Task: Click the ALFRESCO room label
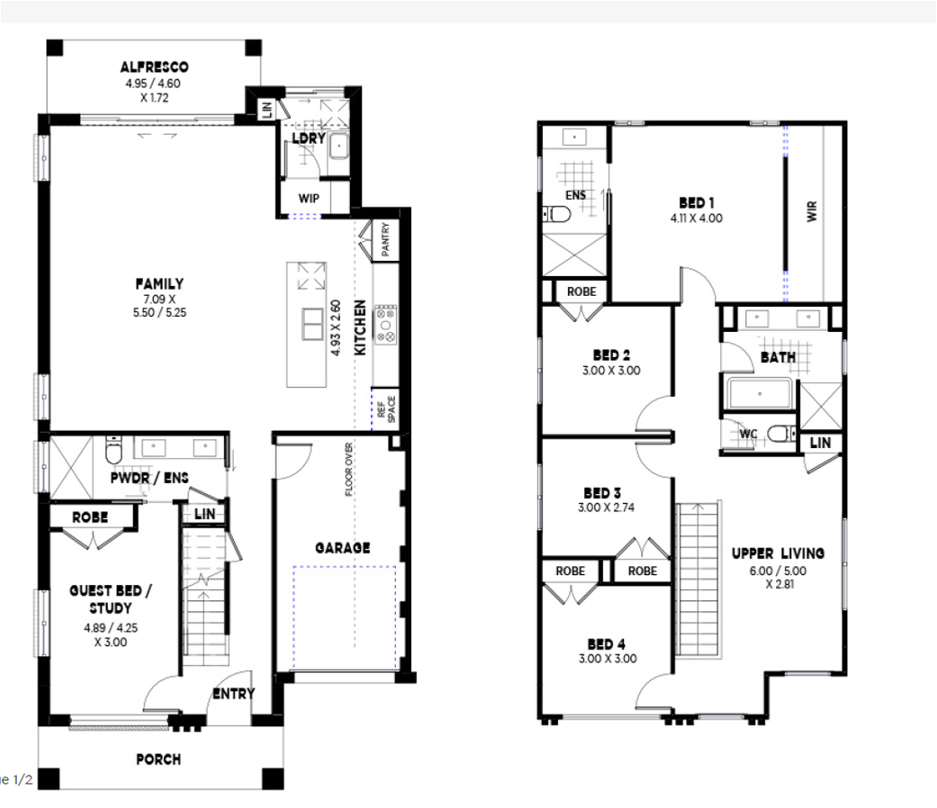click(x=154, y=67)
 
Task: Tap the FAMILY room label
click(x=159, y=283)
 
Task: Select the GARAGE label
click(x=342, y=548)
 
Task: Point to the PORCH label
click(x=158, y=759)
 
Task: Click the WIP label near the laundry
click(x=309, y=198)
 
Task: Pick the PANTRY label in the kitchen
click(x=385, y=239)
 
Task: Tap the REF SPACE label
click(x=387, y=409)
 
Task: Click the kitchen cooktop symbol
click(x=385, y=324)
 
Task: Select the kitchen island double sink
click(x=312, y=324)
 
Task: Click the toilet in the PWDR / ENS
click(x=113, y=450)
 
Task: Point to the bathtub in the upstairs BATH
click(x=759, y=393)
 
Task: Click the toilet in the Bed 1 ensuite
click(x=556, y=213)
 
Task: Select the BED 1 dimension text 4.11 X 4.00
click(x=696, y=219)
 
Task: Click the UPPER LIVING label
click(x=778, y=553)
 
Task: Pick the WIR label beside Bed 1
click(x=812, y=211)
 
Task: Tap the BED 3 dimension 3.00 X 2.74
click(x=606, y=507)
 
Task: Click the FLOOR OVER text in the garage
click(x=349, y=469)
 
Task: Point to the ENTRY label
click(x=234, y=694)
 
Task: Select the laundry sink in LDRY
click(x=338, y=146)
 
